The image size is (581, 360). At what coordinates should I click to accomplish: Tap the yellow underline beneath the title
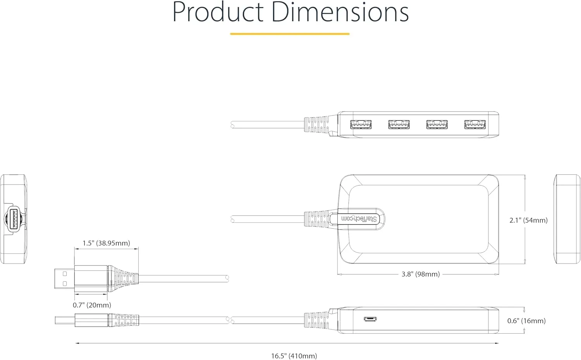click(290, 34)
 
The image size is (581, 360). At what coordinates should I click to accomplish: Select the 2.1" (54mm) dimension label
click(528, 220)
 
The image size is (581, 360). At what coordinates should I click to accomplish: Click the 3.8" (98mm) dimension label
click(420, 274)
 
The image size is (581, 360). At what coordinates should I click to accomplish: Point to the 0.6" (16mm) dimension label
click(526, 321)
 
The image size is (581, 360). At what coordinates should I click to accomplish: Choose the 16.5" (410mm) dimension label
click(294, 356)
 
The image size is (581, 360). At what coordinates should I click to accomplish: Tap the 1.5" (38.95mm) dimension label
click(106, 243)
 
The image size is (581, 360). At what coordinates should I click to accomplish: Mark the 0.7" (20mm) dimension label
click(92, 305)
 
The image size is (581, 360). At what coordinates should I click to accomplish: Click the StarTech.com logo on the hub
click(359, 219)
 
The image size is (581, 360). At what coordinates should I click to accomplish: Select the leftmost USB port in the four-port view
click(361, 124)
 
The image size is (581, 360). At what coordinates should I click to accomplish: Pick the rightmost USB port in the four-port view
click(475, 124)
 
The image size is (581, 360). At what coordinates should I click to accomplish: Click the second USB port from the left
click(399, 124)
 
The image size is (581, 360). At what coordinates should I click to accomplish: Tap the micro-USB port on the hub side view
click(370, 319)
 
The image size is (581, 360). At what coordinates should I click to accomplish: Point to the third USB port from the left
click(437, 124)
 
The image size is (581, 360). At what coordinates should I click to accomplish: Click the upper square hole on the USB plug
click(65, 274)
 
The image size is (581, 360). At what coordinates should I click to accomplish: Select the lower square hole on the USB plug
click(65, 284)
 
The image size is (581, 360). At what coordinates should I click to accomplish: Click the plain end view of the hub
click(567, 219)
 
